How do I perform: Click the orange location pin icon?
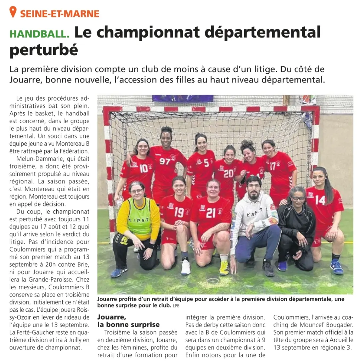pos(13,12)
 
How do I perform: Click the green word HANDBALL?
pos(39,34)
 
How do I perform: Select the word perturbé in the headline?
pos(44,50)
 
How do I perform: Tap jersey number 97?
pos(165,161)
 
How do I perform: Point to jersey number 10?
pos(144,168)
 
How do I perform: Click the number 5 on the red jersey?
pos(206,163)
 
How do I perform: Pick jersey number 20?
pos(229,173)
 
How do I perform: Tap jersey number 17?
pos(272,166)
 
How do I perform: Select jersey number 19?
pos(179,212)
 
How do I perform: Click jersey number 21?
pos(211,213)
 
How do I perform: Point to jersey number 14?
pos(320,200)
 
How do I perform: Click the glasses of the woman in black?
pos(298,198)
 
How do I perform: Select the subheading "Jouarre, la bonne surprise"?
pos(128,321)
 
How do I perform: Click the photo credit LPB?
pos(176,306)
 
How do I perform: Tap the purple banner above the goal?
pos(182,98)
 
